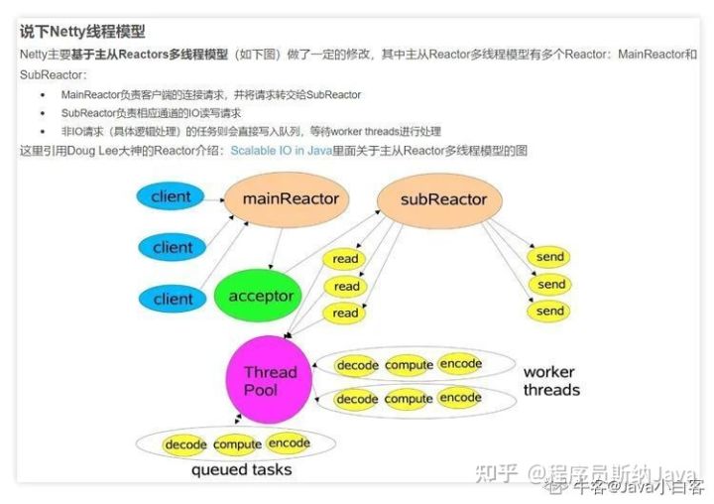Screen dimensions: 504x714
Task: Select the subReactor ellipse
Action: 443,199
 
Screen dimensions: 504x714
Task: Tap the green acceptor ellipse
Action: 261,296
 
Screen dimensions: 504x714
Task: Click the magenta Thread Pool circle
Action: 270,381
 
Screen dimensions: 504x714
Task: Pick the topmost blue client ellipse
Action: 171,196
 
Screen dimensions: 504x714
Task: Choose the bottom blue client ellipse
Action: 173,299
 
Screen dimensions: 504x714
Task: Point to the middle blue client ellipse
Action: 173,247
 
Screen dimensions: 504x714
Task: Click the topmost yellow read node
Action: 345,260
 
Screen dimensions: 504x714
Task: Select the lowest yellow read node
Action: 345,313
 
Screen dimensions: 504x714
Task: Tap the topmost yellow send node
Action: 549,257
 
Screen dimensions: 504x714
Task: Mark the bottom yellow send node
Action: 549,311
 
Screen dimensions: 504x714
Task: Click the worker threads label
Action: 551,381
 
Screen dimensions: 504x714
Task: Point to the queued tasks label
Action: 242,469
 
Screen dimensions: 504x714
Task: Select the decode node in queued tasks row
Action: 185,444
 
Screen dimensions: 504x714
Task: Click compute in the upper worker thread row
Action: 409,365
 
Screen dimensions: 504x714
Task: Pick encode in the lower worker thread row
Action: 460,398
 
